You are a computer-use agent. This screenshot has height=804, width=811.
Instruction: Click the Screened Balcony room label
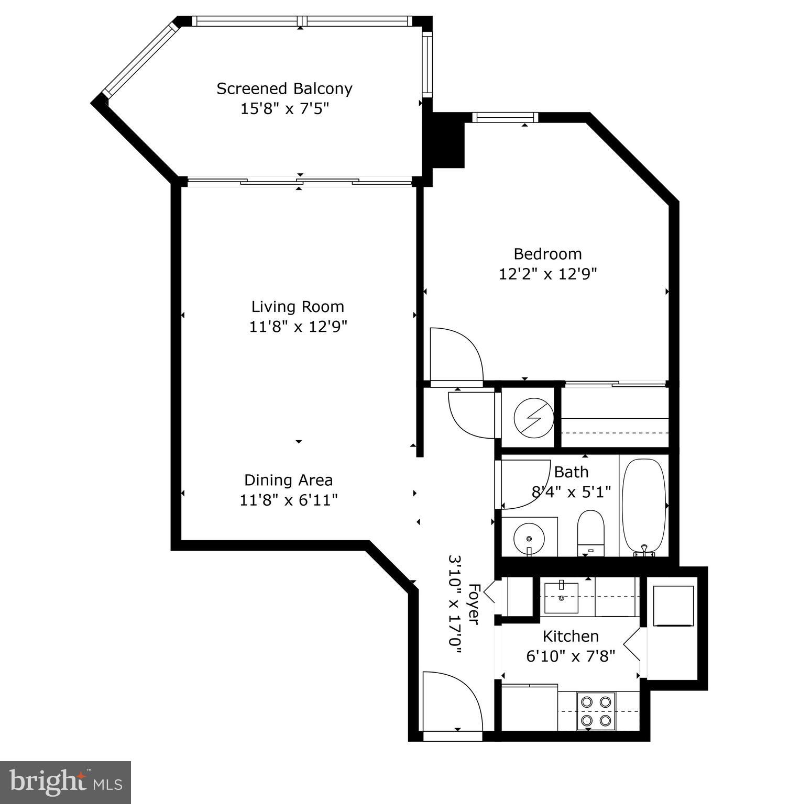tap(284, 88)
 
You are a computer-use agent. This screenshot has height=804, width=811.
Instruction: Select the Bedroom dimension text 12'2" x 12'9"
tap(547, 274)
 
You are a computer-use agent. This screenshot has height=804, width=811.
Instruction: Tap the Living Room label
tap(298, 306)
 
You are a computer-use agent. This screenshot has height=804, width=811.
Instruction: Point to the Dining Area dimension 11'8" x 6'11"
tap(288, 500)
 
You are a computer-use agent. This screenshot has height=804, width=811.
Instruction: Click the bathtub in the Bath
tap(643, 504)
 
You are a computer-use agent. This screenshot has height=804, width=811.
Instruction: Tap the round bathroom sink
tap(529, 538)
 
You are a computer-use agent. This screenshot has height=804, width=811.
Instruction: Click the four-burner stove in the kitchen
tap(596, 710)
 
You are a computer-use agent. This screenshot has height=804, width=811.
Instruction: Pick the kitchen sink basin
tap(561, 597)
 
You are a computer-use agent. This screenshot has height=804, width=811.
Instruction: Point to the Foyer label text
tap(473, 604)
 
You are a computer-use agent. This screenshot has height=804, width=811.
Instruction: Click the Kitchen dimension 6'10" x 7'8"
tap(571, 656)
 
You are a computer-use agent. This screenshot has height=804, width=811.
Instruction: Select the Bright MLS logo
tap(65, 782)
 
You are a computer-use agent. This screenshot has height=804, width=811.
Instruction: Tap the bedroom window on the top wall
tap(505, 117)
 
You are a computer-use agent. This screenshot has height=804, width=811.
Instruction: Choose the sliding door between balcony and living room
tap(299, 182)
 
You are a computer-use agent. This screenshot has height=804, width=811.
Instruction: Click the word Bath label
tap(571, 472)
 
